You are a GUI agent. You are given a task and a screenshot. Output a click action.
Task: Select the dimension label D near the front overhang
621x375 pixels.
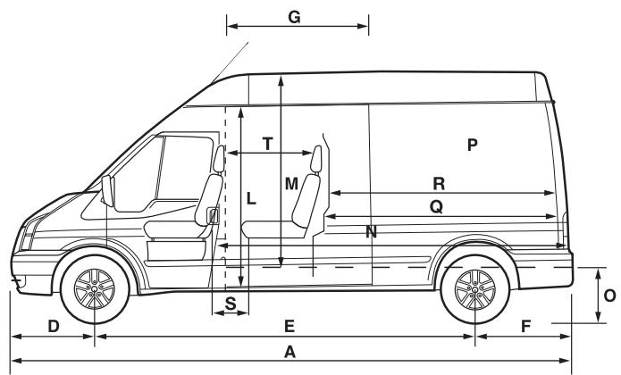coord(53,326)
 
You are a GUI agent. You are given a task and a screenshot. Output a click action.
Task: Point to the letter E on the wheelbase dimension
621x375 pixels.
coord(290,326)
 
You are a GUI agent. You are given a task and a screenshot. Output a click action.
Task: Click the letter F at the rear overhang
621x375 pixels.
coord(525,326)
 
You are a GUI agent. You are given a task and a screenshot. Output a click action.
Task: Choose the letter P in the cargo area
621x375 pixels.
coord(473,144)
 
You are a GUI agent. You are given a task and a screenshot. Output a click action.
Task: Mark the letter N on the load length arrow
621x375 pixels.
coord(371,232)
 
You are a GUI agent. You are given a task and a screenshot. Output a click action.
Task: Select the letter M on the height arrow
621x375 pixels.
coord(291,184)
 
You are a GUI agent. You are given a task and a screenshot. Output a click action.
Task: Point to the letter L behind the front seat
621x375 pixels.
coord(251,200)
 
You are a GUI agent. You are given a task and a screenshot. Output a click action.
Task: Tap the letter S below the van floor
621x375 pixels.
coord(231,303)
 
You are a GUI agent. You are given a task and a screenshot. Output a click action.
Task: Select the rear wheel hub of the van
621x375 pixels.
coord(474,289)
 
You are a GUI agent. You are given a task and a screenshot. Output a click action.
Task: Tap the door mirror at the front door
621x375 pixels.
coord(108,189)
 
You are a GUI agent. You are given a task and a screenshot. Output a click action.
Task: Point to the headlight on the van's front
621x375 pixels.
coord(29,236)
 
